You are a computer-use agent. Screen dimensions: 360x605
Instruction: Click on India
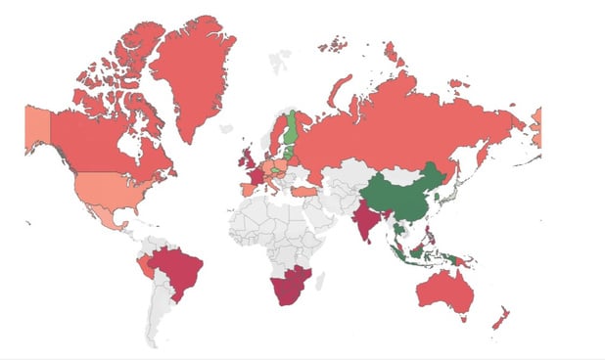pos(363,221)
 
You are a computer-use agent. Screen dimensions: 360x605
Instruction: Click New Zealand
pos(500,318)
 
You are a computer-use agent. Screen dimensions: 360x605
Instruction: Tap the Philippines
pos(428,235)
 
